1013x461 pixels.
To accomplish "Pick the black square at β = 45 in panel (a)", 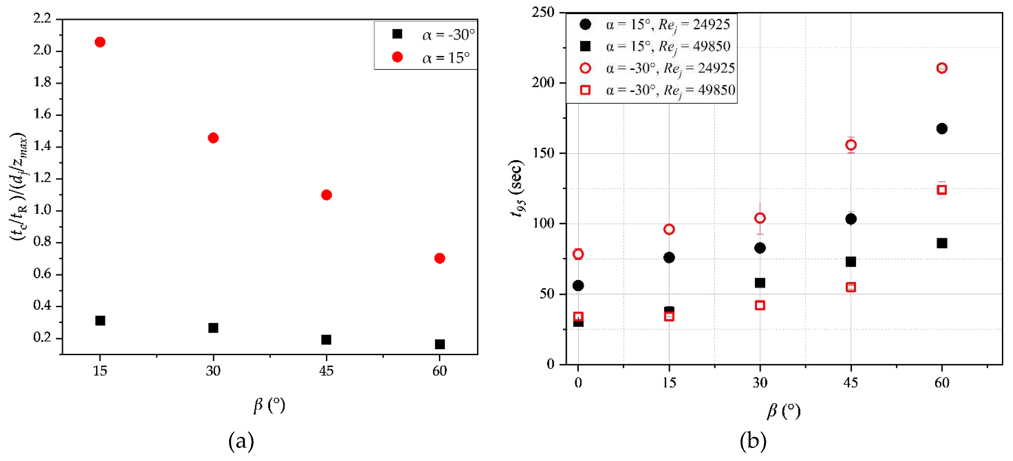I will [326, 339].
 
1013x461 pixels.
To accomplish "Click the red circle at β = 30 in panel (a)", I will [213, 138].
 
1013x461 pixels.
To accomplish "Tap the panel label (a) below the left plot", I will [241, 441].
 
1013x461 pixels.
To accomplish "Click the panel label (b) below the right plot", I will [753, 441].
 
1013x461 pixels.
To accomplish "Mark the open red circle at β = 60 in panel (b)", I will [942, 68].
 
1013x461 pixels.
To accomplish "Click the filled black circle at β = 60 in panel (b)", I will [942, 129].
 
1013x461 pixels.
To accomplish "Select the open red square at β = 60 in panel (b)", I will [942, 190].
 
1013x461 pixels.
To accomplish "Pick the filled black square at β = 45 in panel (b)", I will [851, 262].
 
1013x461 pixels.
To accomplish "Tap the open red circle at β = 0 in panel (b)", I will [578, 254].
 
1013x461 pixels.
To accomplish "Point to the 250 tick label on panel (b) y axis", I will [543, 12].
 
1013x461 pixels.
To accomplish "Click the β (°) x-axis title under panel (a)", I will [269, 405].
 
